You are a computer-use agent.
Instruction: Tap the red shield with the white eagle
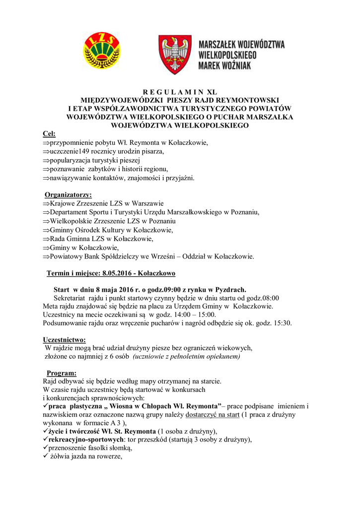[x=174, y=54]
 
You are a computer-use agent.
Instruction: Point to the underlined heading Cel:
[x=49, y=134]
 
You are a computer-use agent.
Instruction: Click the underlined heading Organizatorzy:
[x=68, y=194]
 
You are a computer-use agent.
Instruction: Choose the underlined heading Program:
[x=62, y=373]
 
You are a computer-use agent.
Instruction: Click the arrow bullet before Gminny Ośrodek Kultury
[x=46, y=230]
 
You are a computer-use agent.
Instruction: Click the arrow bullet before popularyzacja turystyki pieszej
[x=46, y=160]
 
